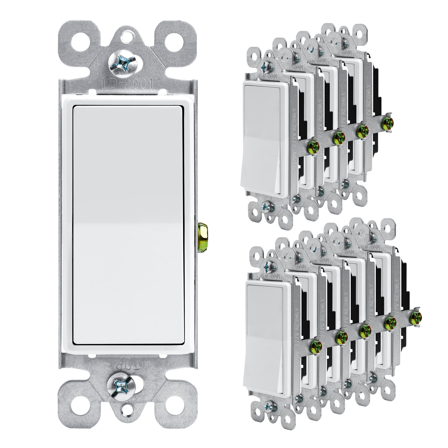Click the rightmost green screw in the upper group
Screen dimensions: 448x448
389,114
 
